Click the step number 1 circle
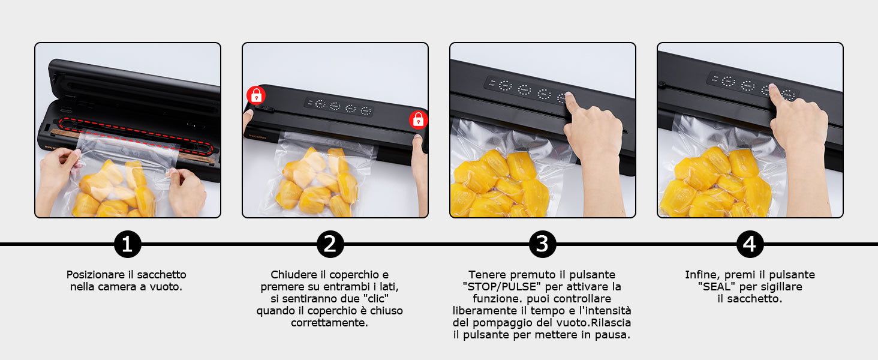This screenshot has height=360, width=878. [127, 244]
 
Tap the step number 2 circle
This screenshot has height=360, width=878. [330, 244]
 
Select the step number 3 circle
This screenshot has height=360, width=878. [542, 244]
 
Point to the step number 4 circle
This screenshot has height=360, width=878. [750, 244]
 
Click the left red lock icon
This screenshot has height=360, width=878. [256, 95]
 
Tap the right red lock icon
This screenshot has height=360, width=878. [418, 120]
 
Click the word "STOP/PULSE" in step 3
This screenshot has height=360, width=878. [502, 287]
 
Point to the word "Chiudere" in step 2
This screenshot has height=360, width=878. [294, 275]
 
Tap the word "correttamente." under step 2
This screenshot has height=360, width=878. [330, 323]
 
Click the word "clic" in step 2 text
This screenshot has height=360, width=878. [376, 299]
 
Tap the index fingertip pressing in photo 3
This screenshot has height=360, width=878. [567, 97]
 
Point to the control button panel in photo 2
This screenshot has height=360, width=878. [338, 107]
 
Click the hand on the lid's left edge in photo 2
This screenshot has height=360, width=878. [248, 119]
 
